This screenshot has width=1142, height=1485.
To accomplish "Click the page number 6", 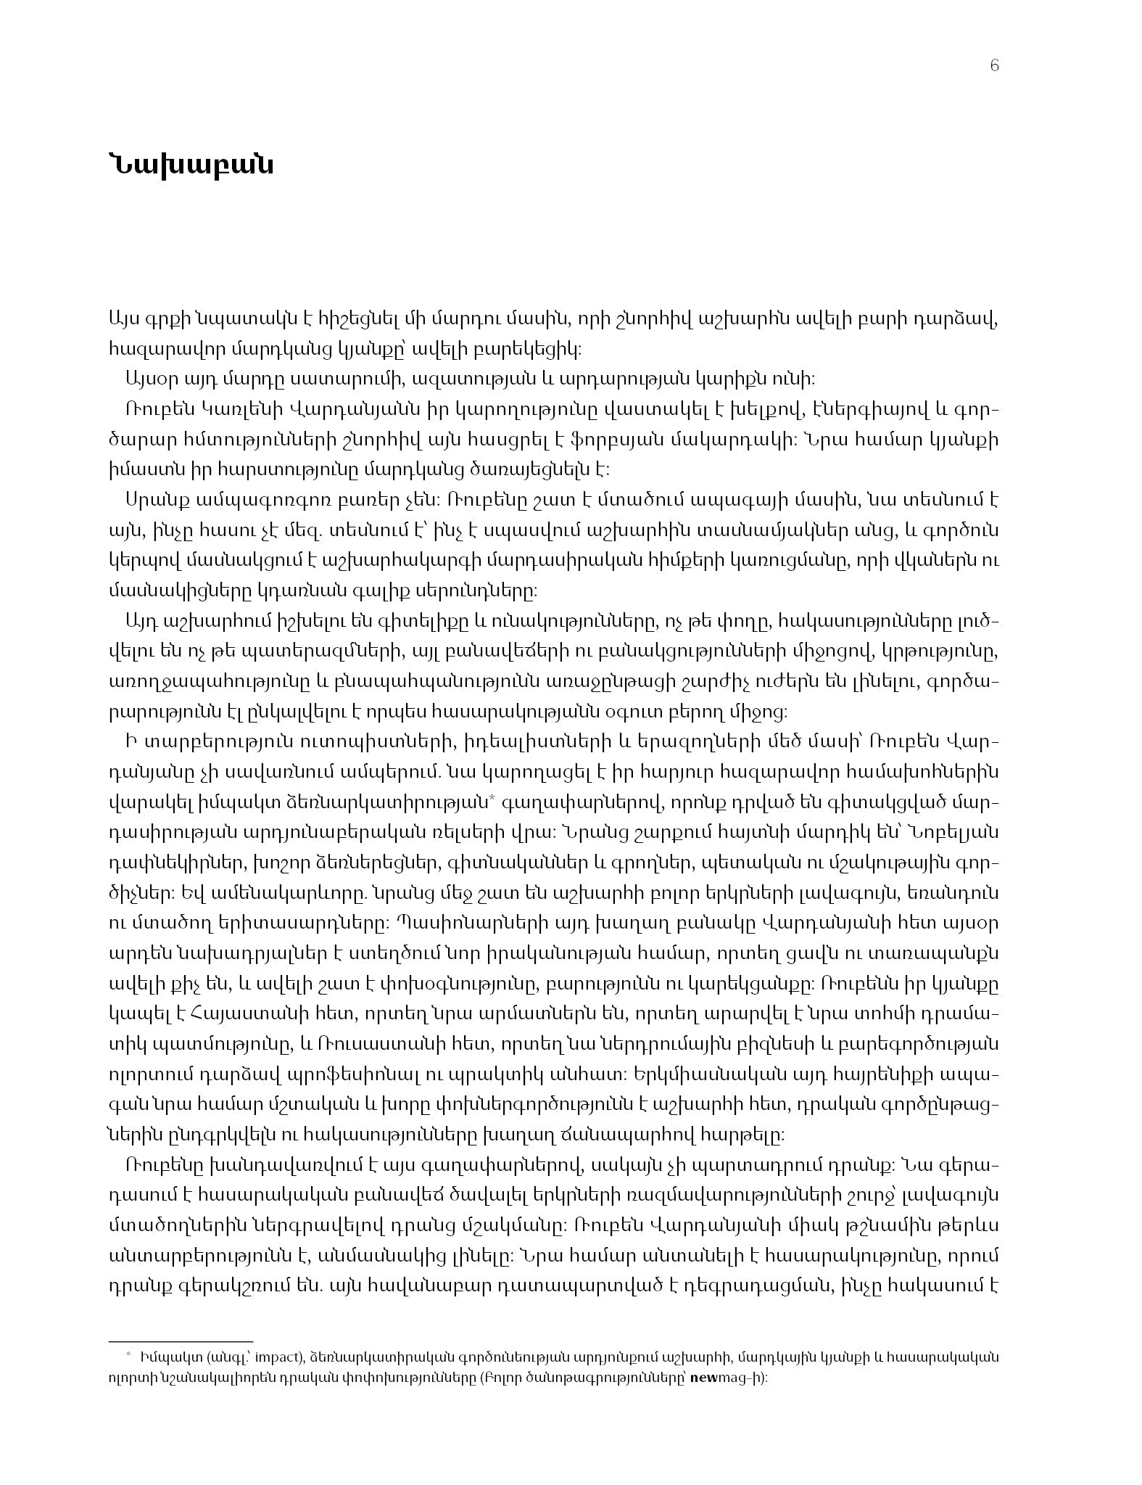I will point(994,66).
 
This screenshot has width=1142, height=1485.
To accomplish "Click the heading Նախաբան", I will point(191,165).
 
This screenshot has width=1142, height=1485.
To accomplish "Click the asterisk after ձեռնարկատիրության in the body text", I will point(491,799).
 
